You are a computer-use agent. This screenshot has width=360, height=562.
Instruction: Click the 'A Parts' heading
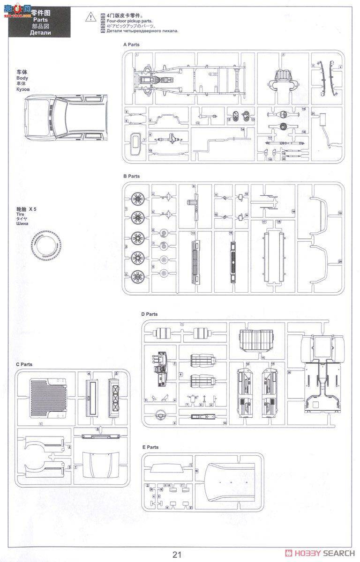coord(131,44)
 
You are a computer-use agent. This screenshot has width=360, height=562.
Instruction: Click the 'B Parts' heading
coord(131,176)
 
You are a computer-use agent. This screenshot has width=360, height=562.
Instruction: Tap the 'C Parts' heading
coord(24,364)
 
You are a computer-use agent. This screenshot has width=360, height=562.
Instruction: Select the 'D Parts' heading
coord(150,314)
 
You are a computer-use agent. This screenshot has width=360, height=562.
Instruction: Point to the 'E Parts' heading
coord(150,447)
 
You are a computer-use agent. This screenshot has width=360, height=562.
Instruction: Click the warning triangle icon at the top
coord(89,17)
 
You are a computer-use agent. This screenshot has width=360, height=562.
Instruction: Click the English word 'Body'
coord(22,78)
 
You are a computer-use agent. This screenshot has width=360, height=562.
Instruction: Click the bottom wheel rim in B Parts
coord(137,276)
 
